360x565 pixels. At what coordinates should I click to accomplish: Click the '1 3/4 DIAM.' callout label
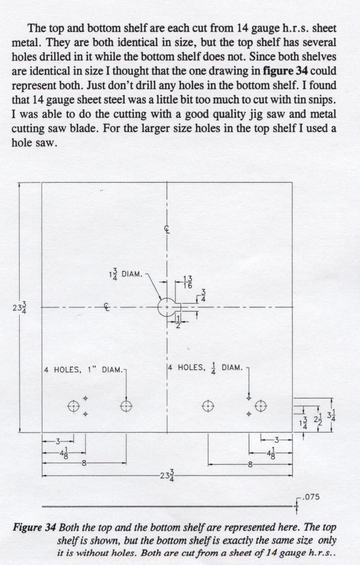pyautogui.click(x=124, y=274)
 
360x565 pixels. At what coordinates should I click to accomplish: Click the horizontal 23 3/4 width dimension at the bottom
pyautogui.click(x=168, y=475)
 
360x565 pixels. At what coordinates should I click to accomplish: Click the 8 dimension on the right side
pyautogui.click(x=250, y=464)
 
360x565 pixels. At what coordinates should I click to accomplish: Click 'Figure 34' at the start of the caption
pyautogui.click(x=34, y=528)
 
